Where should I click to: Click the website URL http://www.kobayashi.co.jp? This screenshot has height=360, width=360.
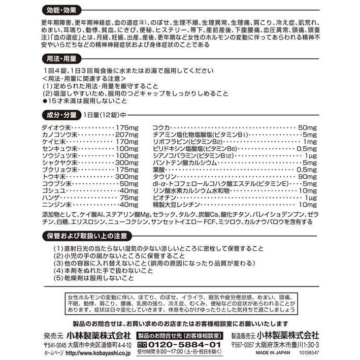pos(97,353)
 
